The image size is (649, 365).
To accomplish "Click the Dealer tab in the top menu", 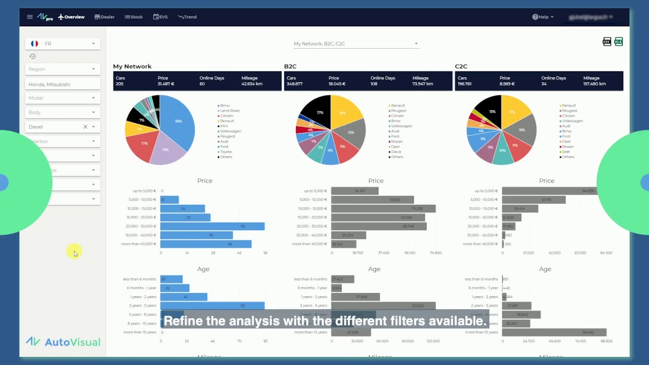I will pyautogui.click(x=104, y=17).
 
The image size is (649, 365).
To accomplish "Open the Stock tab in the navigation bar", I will pyautogui.click(x=134, y=17).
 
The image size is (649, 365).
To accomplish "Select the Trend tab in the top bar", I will pyautogui.click(x=187, y=17).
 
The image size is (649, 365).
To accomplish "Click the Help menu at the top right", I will pyautogui.click(x=543, y=17).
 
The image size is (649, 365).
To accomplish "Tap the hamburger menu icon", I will pyautogui.click(x=30, y=17).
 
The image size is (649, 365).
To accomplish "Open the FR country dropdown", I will pyautogui.click(x=63, y=44).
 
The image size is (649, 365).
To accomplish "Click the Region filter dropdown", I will pyautogui.click(x=63, y=69).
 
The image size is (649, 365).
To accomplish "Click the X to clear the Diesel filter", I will pyautogui.click(x=85, y=127).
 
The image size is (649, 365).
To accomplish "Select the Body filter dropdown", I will pyautogui.click(x=63, y=113).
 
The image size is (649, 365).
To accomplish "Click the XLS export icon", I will pyautogui.click(x=619, y=42).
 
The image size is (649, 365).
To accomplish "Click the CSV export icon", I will pyautogui.click(x=606, y=42).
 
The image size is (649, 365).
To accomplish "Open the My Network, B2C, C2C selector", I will pyautogui.click(x=356, y=44).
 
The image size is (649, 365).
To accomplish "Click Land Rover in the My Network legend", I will pyautogui.click(x=229, y=111).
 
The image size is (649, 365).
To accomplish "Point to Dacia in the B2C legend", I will pyautogui.click(x=396, y=152).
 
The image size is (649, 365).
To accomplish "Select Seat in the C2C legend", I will pyautogui.click(x=566, y=152).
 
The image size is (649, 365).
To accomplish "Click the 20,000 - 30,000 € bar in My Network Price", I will pyautogui.click(x=212, y=226).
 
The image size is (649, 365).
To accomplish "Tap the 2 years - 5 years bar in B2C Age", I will pyautogui.click(x=383, y=306).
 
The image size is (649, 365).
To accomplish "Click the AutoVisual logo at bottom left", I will pyautogui.click(x=63, y=342).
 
